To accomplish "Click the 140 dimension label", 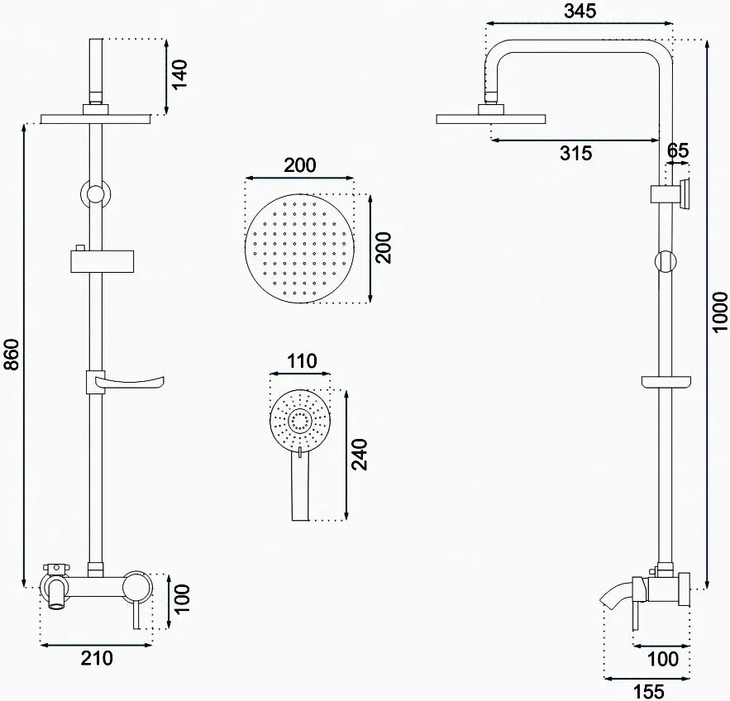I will click(180, 75).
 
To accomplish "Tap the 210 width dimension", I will click(98, 659).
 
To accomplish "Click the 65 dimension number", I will click(678, 150).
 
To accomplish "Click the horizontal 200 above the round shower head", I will click(299, 165).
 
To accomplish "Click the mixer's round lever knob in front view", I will click(136, 588).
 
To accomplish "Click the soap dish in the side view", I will click(666, 382).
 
